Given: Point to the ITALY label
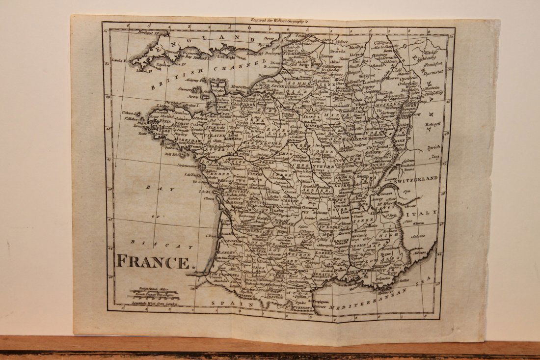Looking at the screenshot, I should point(424,213).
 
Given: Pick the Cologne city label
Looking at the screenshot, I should point(381,43).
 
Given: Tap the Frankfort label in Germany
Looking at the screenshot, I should point(432,63).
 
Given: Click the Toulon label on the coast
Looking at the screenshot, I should point(378,283).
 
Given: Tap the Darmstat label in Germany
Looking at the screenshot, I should point(433,71).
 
